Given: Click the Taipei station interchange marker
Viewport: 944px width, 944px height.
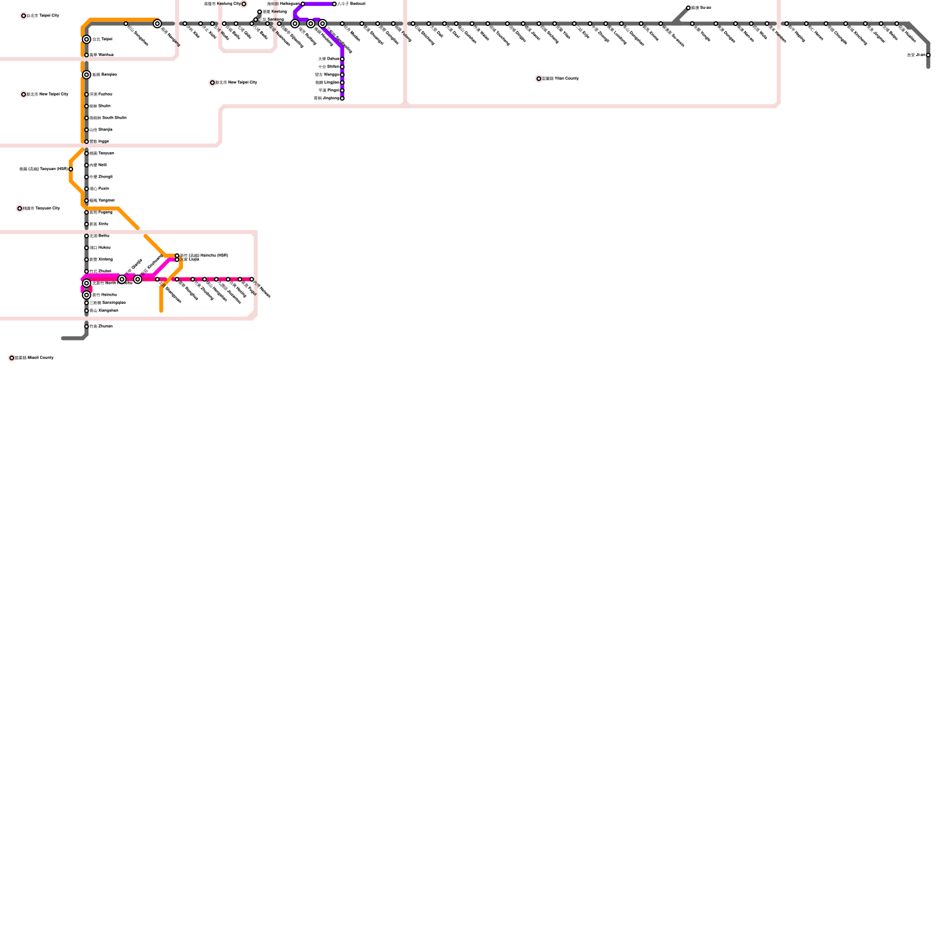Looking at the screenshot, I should coord(87,40).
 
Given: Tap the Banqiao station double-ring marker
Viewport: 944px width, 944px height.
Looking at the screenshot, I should coord(87,75).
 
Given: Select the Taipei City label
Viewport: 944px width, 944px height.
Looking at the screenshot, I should coord(42,16).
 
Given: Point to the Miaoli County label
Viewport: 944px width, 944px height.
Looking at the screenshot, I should coord(34,358).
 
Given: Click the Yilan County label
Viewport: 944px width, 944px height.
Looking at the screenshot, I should coord(560,78).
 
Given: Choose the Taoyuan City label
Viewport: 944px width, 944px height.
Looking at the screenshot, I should coord(41,208).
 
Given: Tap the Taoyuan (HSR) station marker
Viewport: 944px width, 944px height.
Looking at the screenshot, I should coord(71,169).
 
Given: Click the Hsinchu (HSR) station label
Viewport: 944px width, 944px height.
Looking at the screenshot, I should coord(204,255).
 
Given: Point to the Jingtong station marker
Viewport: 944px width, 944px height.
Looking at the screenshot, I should coord(342,99).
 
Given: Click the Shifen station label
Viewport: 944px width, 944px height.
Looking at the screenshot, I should coord(329,67).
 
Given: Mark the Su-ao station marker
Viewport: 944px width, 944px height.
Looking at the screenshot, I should coord(689,8).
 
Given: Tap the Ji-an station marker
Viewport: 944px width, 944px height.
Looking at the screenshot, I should coord(928,55).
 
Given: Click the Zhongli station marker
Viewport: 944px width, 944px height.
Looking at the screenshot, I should coord(87,177).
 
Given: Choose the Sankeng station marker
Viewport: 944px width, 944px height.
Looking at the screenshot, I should coord(255,19).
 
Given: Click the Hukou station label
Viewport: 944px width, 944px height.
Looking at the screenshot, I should coord(100,248).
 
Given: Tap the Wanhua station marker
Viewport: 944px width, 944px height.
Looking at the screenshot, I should coord(87,55).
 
